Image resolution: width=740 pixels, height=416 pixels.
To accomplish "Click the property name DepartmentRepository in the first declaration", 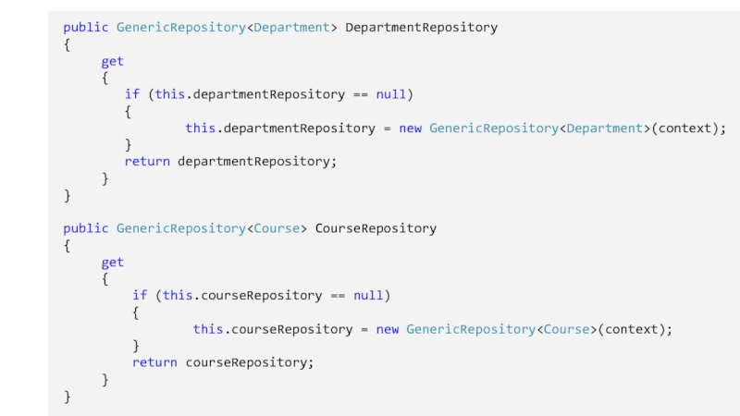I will coord(421,28).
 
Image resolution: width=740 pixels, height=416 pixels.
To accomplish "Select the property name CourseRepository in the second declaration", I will coord(376,228).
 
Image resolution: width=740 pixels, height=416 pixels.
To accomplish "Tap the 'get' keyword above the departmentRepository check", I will coord(112,61).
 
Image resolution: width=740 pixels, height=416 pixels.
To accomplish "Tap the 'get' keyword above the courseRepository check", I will coord(112,262).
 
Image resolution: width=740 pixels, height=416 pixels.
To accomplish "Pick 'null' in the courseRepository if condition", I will coord(368,296).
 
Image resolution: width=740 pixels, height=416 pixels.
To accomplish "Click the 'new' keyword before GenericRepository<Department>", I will coord(410,128).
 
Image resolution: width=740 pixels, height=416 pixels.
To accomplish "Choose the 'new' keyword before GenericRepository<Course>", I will coord(388,329).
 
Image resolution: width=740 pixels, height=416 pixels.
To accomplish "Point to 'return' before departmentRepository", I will coord(147,162).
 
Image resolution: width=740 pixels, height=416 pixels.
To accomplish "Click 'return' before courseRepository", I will coord(154,362).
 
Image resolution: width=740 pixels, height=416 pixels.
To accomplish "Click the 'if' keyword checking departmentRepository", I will coord(131,94).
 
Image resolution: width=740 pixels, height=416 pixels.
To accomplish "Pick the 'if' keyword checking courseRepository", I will coord(140,296).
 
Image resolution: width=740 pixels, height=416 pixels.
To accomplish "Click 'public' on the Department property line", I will coord(86,28).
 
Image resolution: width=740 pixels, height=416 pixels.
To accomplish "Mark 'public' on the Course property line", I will coord(86,228).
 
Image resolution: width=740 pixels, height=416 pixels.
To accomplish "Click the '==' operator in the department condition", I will coord(361,94).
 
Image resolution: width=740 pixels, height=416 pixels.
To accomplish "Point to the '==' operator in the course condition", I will coord(338,296).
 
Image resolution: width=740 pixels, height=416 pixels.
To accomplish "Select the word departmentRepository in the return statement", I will coord(256,162).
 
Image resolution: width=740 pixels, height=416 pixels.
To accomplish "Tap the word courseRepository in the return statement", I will coord(249,362).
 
